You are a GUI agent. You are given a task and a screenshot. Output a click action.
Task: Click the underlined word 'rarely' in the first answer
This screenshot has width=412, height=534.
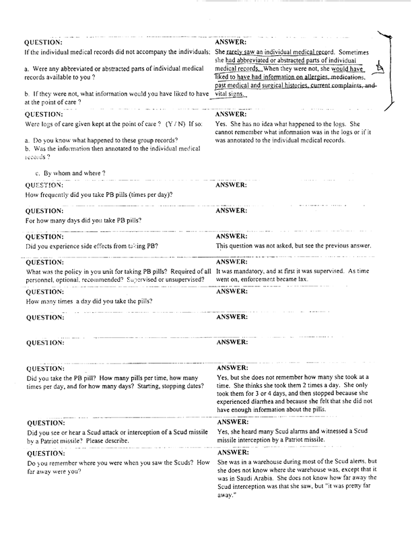pos(235,52)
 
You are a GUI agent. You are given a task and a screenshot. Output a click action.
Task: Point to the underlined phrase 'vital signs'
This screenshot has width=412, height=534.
pos(231,94)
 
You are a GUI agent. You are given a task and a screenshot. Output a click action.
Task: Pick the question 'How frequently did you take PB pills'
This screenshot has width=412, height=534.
pos(99,195)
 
